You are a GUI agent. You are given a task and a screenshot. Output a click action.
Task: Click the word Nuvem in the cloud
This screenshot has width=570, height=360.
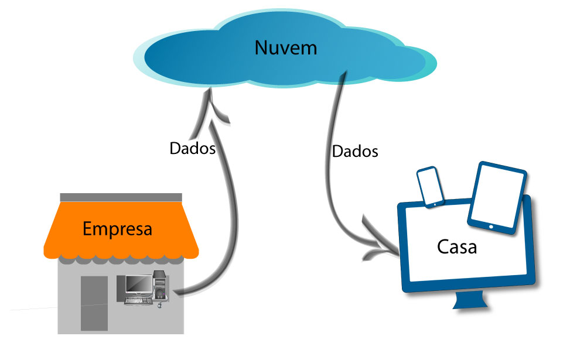[x=285, y=47]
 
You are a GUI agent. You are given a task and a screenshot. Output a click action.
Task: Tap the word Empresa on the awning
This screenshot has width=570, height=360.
[x=118, y=228]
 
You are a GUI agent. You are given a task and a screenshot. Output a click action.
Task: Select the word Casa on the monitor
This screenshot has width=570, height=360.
[x=457, y=246]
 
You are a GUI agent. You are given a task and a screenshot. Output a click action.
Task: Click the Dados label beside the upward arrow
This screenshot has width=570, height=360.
[x=193, y=148]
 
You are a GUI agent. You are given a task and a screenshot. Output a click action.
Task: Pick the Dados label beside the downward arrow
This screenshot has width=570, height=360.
[x=355, y=152]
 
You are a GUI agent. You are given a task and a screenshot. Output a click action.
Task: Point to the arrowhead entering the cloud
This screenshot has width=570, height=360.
[x=214, y=106]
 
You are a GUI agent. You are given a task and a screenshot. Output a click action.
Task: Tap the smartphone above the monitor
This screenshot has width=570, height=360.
[x=429, y=187]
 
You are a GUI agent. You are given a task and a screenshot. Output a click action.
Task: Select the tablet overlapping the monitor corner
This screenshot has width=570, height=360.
[x=497, y=198]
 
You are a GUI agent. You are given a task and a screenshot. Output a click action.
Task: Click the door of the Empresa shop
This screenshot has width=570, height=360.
[x=94, y=303]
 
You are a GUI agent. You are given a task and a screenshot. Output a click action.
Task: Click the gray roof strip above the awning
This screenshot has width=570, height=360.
[x=121, y=197]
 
